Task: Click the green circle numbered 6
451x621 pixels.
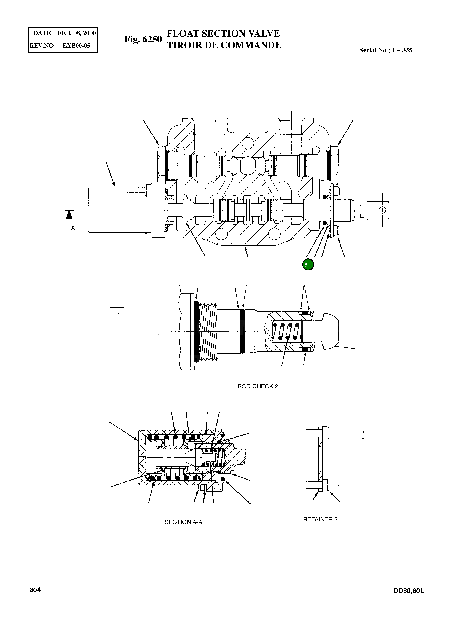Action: [x=308, y=265]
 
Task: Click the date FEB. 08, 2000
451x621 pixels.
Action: [x=77, y=33]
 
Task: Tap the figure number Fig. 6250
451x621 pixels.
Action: [x=143, y=39]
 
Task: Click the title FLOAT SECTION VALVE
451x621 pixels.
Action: [x=223, y=33]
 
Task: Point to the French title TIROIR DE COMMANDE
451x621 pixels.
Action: [x=224, y=45]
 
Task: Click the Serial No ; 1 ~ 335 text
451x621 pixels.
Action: [x=385, y=50]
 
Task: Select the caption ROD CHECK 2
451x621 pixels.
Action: [x=258, y=386]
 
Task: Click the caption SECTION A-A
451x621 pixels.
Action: [x=183, y=522]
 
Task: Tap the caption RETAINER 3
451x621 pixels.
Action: [x=320, y=519]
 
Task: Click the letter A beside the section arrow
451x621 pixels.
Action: [x=73, y=228]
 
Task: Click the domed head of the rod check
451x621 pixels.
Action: [x=331, y=332]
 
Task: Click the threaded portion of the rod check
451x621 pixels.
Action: [x=208, y=332]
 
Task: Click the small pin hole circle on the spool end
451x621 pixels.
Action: [x=382, y=210]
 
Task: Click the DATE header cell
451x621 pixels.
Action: [x=42, y=33]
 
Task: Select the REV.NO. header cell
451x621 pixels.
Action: [x=42, y=46]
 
